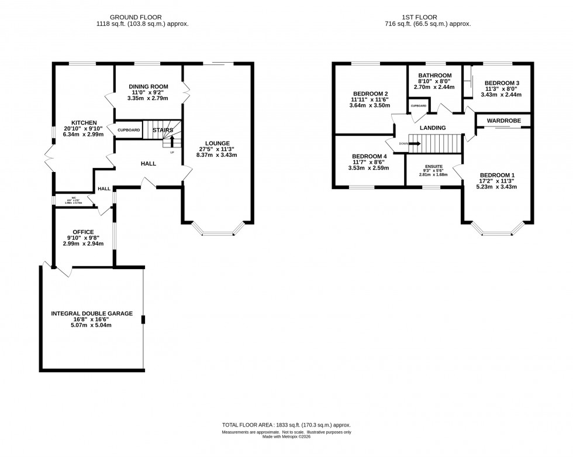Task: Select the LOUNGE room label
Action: point(217,143)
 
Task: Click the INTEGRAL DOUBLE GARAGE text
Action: point(92,314)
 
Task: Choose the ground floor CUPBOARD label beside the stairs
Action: point(129,129)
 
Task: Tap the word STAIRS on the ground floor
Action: point(163,130)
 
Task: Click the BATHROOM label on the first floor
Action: point(434,75)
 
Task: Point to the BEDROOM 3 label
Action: point(501,83)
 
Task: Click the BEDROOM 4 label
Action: point(370,156)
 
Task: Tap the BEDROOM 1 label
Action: point(498,175)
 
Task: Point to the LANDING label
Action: point(432,128)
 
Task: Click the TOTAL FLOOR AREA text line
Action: point(286,425)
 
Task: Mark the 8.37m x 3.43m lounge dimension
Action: point(217,154)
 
